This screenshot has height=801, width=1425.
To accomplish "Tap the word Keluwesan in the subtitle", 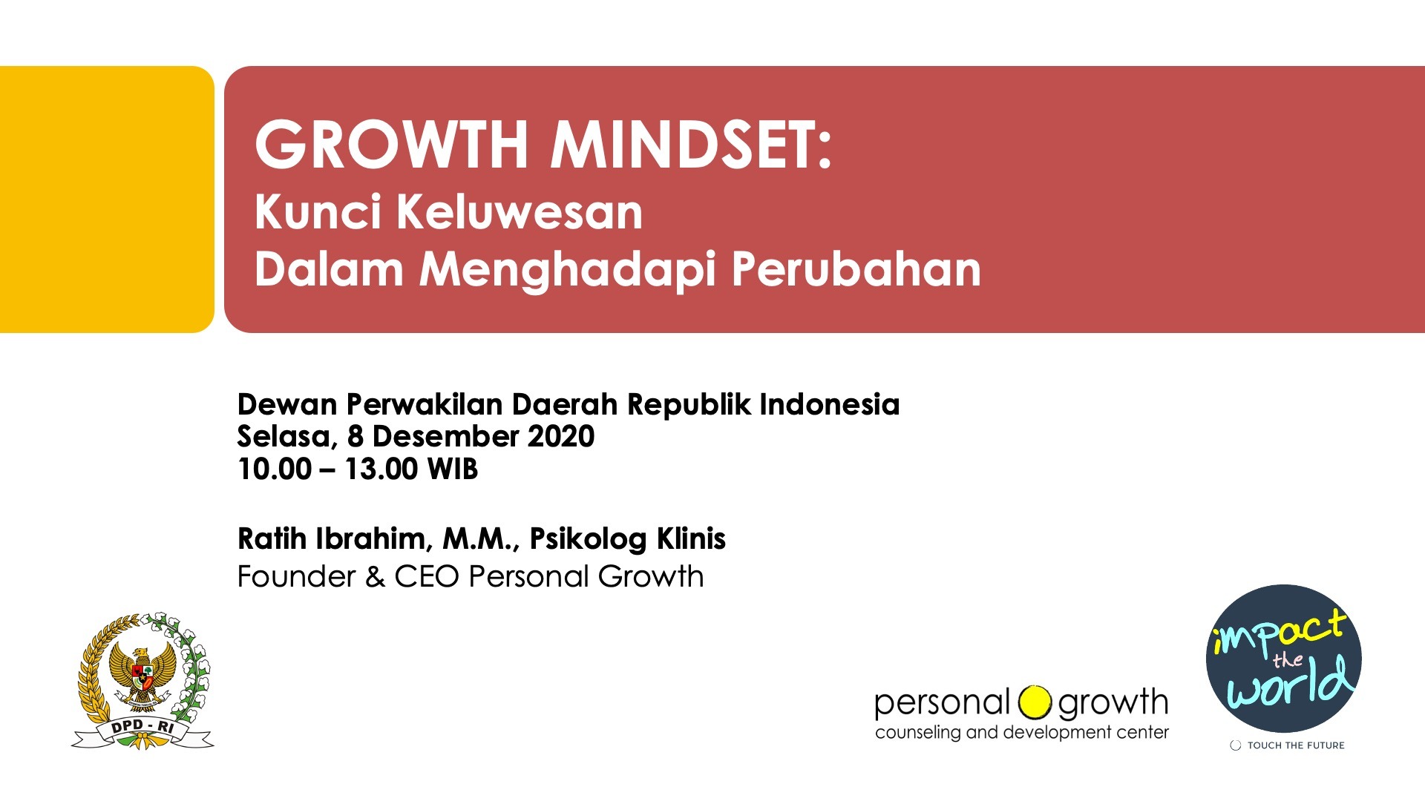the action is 519,212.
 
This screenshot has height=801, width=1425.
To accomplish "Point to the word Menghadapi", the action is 567,270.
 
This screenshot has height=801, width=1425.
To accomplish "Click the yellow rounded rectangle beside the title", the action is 107,199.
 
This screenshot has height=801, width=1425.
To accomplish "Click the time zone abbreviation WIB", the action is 453,469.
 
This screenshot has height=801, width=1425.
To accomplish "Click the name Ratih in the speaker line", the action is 272,539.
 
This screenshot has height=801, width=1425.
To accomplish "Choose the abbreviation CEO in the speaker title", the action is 427,577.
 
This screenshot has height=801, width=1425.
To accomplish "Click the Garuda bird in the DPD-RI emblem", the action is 142,675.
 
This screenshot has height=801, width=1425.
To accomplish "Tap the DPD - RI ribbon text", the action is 142,728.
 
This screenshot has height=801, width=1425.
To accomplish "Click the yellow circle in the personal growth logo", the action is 1035,702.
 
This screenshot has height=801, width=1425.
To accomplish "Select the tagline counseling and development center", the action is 1022,733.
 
